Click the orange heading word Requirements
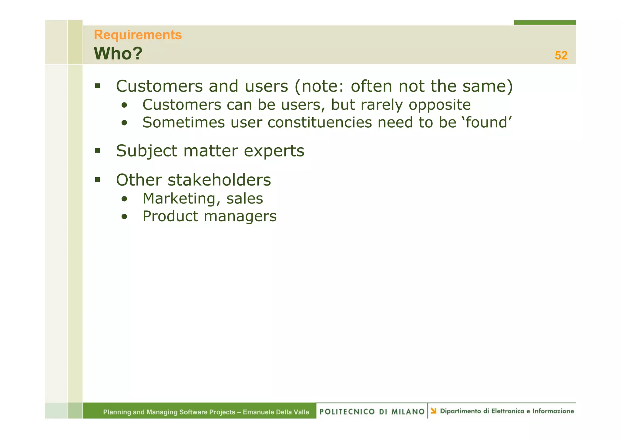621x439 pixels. pyautogui.click(x=138, y=35)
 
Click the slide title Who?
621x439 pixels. pyautogui.click(x=118, y=54)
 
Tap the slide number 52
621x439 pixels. pyautogui.click(x=561, y=55)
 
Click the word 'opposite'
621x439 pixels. pyautogui.click(x=440, y=105)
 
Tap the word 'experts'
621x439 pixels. pyautogui.click(x=274, y=151)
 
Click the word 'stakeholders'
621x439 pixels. pyautogui.click(x=219, y=180)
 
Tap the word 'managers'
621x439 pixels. pyautogui.click(x=240, y=216)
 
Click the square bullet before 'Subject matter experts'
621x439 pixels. pyautogui.click(x=97, y=150)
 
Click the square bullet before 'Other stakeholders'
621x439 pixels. pyautogui.click(x=97, y=179)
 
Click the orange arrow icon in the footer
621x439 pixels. pyautogui.click(x=434, y=411)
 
